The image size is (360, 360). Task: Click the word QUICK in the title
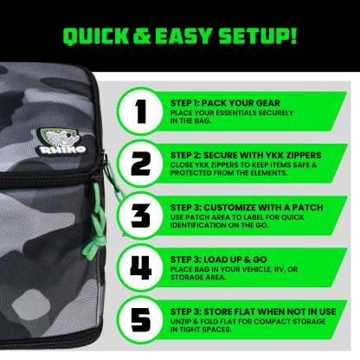[96, 36]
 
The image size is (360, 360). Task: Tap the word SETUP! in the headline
[258, 36]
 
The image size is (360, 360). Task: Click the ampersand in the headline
[142, 36]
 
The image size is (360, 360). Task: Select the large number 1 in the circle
[141, 112]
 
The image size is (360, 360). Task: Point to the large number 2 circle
[141, 164]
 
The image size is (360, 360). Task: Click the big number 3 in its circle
[141, 215]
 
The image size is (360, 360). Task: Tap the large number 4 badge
[141, 267]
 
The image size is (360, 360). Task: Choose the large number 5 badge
[141, 319]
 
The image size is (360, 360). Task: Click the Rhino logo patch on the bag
[61, 141]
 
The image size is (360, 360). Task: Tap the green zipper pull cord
[95, 225]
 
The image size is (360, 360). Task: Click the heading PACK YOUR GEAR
[241, 103]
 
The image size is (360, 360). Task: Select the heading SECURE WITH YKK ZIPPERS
[262, 155]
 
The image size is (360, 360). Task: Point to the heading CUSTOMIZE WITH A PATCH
[263, 208]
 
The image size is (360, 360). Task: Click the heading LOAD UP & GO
[235, 260]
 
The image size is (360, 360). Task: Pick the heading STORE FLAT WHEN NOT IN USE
[270, 312]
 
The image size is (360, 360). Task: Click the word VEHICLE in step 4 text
[250, 269]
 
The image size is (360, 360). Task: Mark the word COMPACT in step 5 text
[268, 321]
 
